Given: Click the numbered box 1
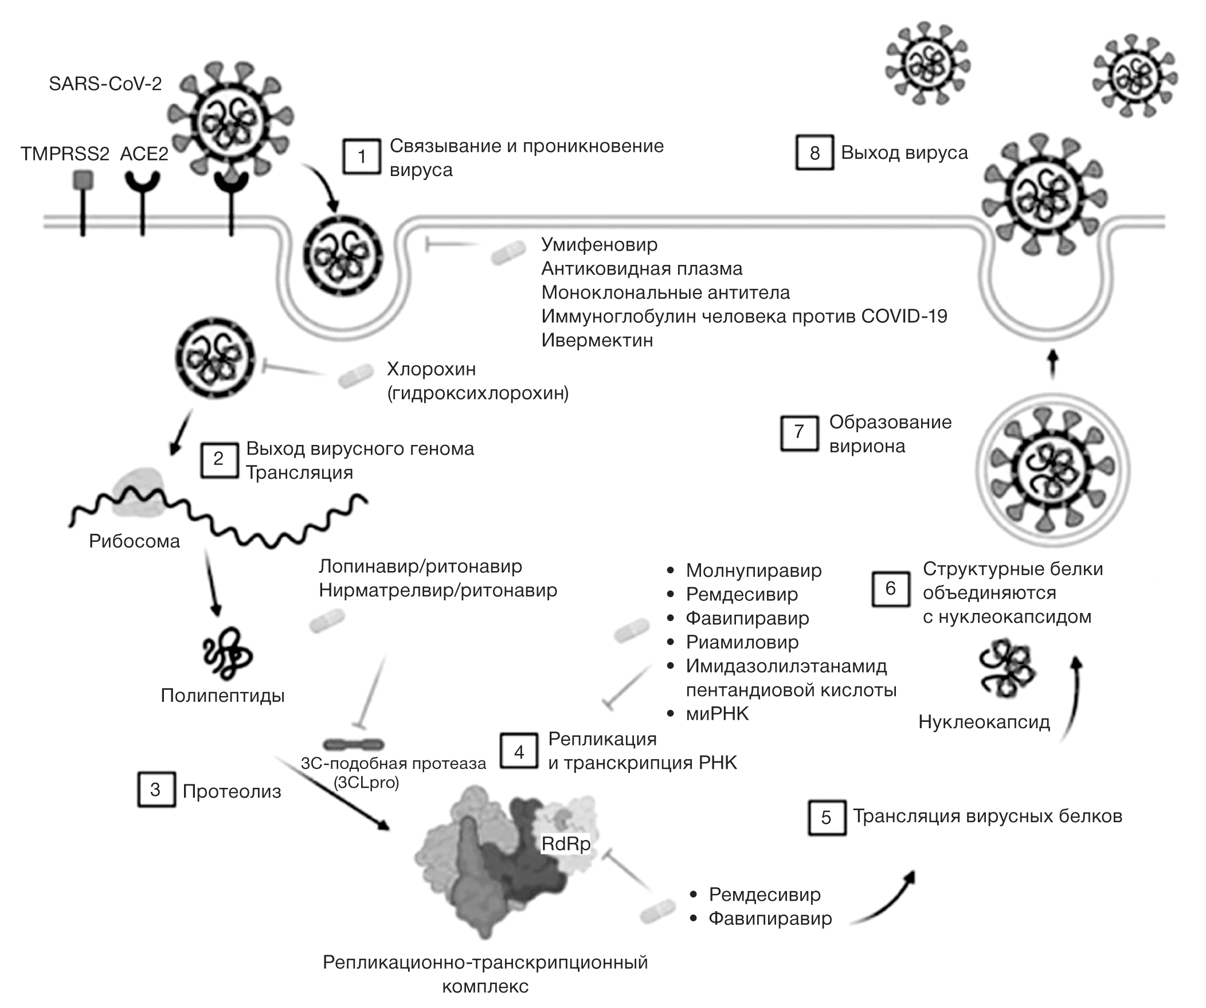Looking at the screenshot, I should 361,156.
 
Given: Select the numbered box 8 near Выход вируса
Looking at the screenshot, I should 815,153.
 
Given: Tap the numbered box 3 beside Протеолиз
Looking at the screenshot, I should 156,790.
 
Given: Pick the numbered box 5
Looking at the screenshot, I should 827,817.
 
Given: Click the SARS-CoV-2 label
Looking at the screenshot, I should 105,84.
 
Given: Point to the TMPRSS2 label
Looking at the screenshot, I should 64,154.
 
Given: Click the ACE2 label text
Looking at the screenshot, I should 143,154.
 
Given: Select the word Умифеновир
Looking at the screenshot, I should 599,245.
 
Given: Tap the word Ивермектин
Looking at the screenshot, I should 597,340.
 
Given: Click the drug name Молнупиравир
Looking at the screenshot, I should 753,571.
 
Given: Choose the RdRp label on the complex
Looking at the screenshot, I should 566,844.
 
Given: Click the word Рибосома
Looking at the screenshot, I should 134,541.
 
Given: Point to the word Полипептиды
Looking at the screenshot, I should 222,696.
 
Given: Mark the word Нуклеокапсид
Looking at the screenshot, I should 984,722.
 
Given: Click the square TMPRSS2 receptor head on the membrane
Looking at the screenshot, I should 83,181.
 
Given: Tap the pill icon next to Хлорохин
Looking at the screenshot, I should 355,376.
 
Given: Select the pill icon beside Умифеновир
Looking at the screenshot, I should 508,253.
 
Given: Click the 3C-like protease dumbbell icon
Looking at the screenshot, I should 353,744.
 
